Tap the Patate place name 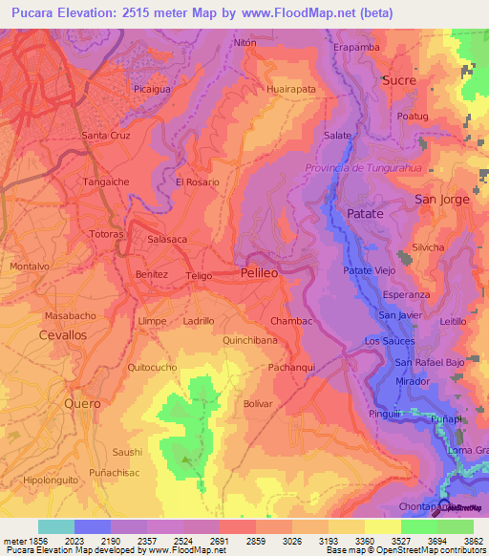point(365,214)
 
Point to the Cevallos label point(62,335)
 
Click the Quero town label point(82,403)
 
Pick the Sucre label point(398,81)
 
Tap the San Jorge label point(441,199)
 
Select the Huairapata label point(291,89)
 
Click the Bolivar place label point(258,404)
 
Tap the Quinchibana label point(250,340)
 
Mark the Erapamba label point(356,46)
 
